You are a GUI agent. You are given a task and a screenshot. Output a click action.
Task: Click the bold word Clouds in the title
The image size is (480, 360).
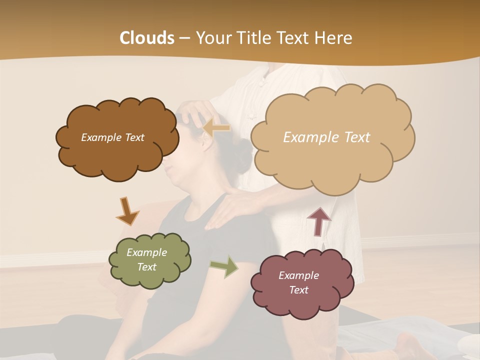click(147, 38)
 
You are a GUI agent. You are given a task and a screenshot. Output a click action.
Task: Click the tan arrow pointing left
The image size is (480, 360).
click(216, 127)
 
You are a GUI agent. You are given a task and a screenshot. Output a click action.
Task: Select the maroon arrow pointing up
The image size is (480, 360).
click(319, 221)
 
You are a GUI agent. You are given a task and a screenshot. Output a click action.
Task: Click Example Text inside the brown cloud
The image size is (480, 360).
click(112, 137)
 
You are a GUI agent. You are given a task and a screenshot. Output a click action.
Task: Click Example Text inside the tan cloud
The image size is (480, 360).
click(326, 137)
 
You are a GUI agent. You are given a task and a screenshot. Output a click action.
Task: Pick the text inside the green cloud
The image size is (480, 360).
click(146, 259)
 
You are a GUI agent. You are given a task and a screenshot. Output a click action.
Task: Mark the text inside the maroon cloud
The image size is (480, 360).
click(298, 282)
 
